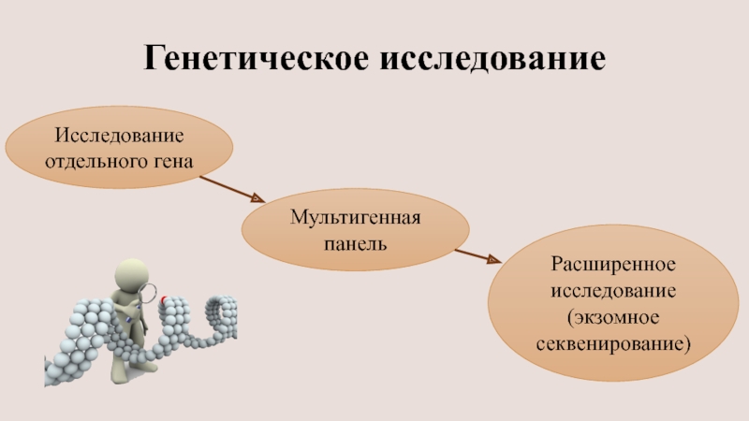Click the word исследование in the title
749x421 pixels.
click(x=492, y=57)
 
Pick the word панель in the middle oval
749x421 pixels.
click(x=355, y=242)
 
